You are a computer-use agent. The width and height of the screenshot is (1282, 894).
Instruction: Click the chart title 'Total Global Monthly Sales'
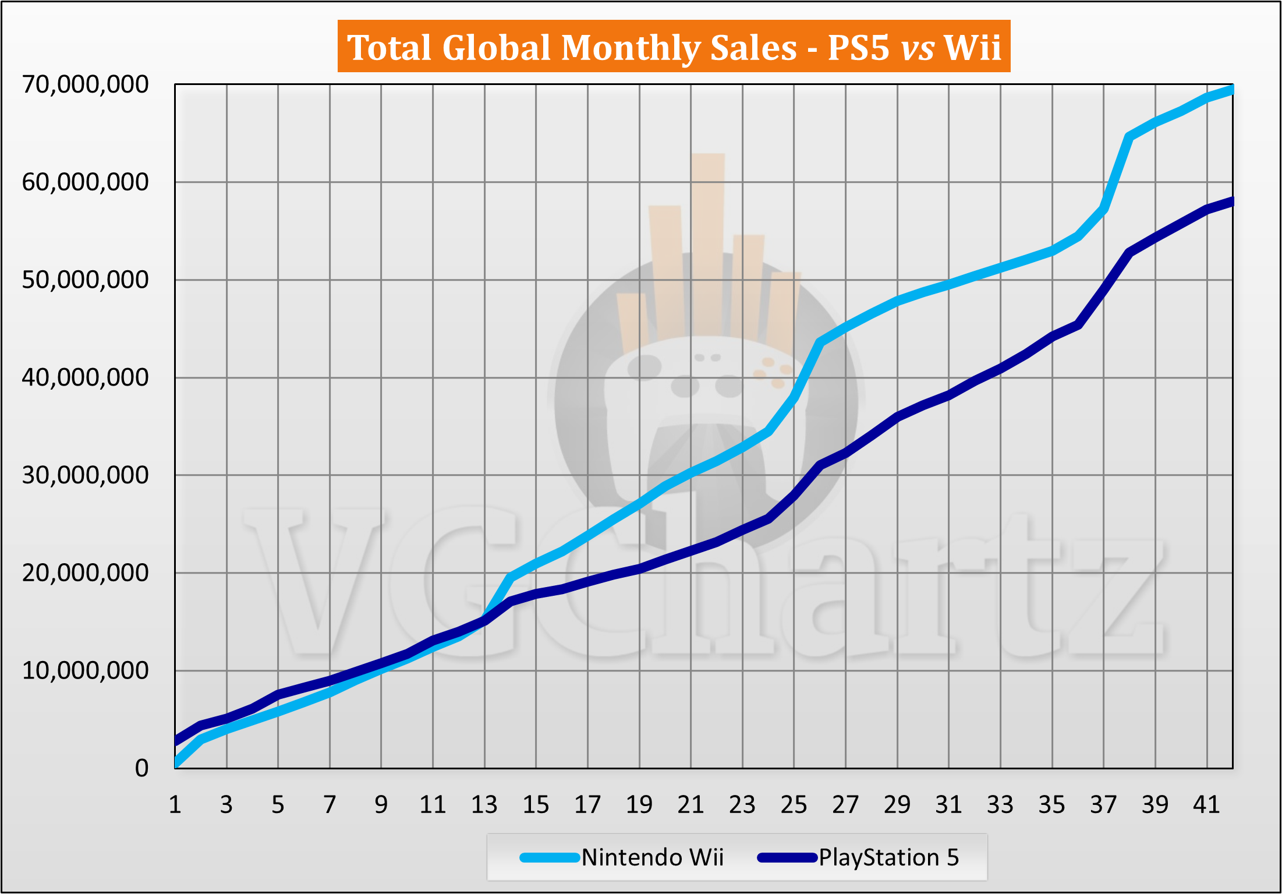click(x=572, y=47)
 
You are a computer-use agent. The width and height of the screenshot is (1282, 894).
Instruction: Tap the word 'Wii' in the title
click(x=972, y=47)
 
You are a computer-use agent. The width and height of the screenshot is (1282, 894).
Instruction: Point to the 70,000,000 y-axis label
click(x=85, y=85)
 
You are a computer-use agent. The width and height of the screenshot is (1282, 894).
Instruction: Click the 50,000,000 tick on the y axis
click(x=85, y=280)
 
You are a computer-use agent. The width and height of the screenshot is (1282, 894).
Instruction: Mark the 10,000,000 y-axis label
click(x=85, y=671)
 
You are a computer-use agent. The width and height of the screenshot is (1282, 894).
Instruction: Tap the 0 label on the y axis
click(x=141, y=769)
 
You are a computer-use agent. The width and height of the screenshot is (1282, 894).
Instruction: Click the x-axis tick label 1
click(x=175, y=805)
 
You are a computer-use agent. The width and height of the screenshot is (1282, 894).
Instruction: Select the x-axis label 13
click(x=484, y=805)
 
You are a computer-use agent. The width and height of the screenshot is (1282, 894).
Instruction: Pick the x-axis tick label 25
click(x=794, y=805)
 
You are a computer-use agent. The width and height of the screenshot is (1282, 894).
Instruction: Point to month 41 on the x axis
click(x=1206, y=805)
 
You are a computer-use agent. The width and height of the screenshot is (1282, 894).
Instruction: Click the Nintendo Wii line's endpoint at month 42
click(x=1232, y=89)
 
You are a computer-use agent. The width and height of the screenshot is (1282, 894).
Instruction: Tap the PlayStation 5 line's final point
click(x=1232, y=202)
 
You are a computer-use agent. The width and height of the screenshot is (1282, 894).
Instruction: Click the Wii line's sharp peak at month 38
click(x=1129, y=137)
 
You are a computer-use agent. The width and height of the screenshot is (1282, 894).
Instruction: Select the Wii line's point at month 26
click(x=820, y=342)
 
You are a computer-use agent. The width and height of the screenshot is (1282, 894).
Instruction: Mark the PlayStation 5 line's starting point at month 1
click(x=176, y=741)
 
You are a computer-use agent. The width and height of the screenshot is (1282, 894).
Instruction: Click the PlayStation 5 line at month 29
click(x=897, y=416)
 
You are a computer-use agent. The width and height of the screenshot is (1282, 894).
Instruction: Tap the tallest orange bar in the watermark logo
click(x=708, y=245)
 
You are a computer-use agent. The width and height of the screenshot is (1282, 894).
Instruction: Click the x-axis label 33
click(x=1000, y=805)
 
